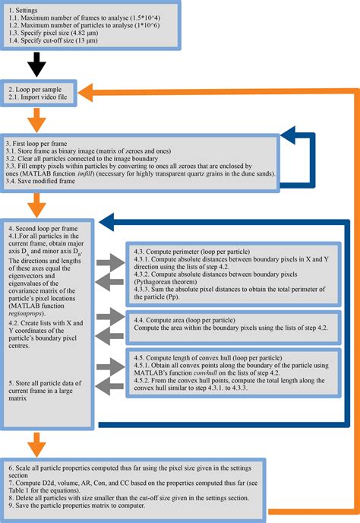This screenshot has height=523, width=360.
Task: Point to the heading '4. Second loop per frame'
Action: coord(44,228)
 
